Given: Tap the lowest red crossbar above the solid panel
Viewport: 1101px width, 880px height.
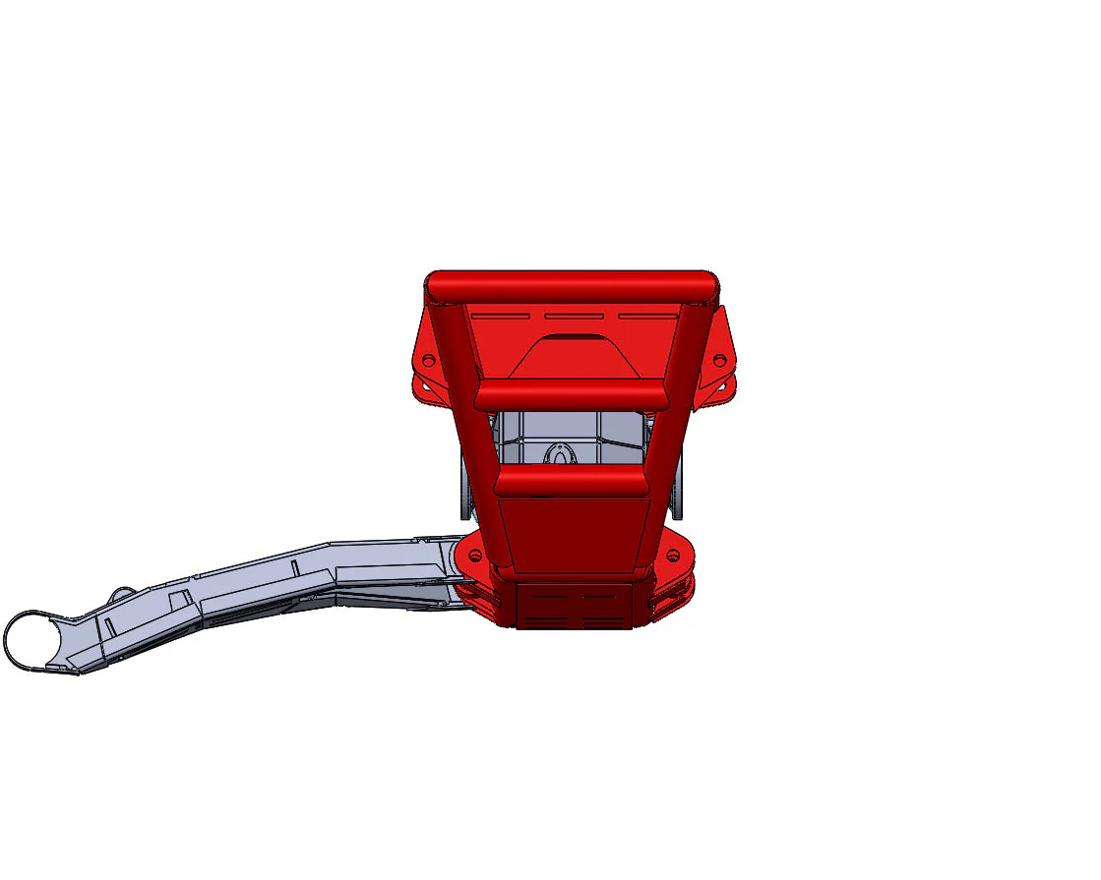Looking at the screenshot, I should pos(571,481).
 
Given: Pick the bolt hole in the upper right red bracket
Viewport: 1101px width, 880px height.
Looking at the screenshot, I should pos(719,360).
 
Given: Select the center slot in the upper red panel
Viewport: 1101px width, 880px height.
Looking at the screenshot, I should pos(574,317).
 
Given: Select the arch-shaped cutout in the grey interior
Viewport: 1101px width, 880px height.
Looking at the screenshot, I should pos(559,453).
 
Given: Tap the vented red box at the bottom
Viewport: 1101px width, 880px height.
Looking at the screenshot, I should pos(573,607).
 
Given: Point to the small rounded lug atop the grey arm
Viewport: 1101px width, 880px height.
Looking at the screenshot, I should pos(122,596).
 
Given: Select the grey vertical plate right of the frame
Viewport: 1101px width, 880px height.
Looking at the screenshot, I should pos(680,492).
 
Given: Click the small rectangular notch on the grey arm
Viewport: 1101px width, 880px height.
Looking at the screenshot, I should pos(180,600).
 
